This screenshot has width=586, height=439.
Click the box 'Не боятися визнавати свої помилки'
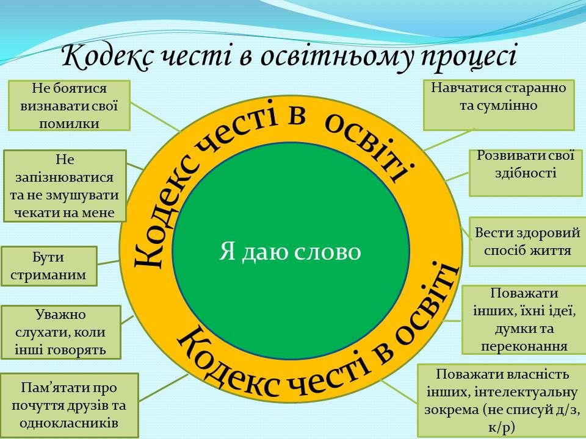[69, 105]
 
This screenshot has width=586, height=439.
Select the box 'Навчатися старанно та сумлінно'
[499, 105]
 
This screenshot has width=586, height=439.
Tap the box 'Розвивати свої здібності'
[526, 173]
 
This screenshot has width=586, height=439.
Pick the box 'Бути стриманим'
[49, 265]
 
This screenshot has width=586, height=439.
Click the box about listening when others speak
[60, 332]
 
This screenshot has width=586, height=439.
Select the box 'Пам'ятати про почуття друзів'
[69, 405]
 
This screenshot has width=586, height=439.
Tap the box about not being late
[64, 186]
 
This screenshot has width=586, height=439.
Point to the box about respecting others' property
[501, 400]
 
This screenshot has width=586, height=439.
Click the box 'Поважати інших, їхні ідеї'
[524, 319]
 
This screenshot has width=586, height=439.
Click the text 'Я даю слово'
[290, 251]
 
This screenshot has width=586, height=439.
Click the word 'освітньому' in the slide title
[323, 58]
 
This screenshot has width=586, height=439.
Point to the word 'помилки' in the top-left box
[69, 123]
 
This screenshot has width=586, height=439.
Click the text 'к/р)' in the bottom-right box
[501, 426]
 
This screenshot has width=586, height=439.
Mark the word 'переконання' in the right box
[524, 346]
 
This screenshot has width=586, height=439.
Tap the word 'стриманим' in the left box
[49, 274]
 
